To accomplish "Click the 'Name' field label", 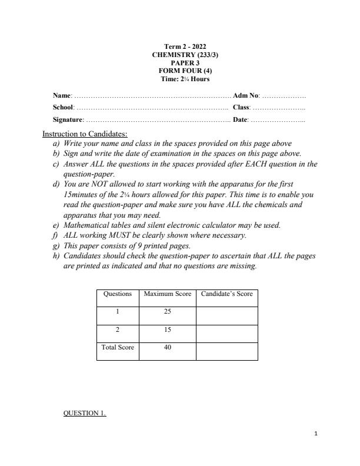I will click(62, 95).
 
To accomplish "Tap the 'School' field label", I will click(64, 108).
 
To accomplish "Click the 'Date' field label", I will click(240, 120).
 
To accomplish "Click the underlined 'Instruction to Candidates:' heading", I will click(85, 134).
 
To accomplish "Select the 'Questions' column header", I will click(118, 294).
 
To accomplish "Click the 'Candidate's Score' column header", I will click(226, 294).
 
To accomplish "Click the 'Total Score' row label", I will click(118, 347).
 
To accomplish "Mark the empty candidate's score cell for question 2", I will click(226, 333).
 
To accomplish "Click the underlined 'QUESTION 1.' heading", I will click(85, 413).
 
